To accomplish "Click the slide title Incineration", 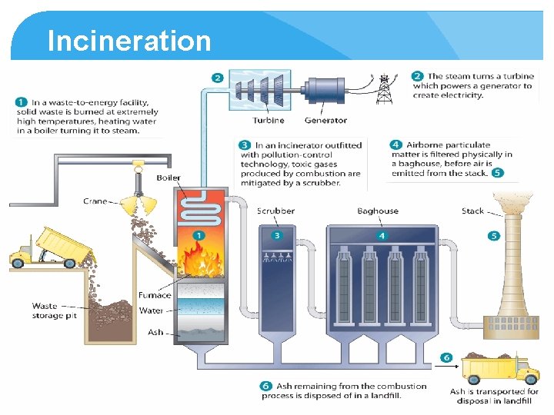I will point(128,41).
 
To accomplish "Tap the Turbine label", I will point(268,120).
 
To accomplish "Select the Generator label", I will point(325,120).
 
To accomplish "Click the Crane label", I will point(95,201).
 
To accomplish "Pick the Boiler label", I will point(169,178).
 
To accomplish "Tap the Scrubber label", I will point(275,211).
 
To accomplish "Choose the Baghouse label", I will point(378,211).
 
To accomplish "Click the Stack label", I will point(472,211).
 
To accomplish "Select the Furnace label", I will point(155,295).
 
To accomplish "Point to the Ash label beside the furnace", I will point(155,333).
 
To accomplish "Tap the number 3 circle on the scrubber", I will point(277,234).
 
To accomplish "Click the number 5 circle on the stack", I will point(493,236).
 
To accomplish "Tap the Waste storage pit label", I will point(55,310).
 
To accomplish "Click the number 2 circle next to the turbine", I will point(218,78).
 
